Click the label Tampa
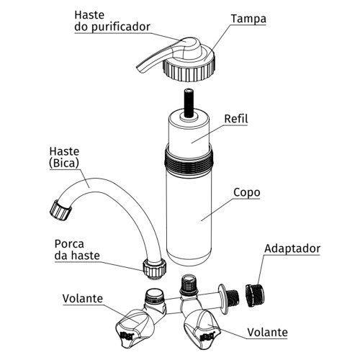pos(248,19)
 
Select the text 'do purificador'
pos(112,27)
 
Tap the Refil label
pos(236,119)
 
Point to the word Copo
pos(247,193)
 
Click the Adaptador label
pos(292,248)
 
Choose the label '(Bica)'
pos(64,163)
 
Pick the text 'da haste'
pos(77,256)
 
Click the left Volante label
pos(83,299)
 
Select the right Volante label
pos(267,333)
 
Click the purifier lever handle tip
pos(140,69)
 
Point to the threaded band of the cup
pos(189,160)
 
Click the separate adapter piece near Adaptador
pos(255,295)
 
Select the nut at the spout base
pos(154,269)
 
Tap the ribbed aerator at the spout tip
pos(60,210)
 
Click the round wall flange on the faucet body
pos(223,300)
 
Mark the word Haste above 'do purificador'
pos(89,15)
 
